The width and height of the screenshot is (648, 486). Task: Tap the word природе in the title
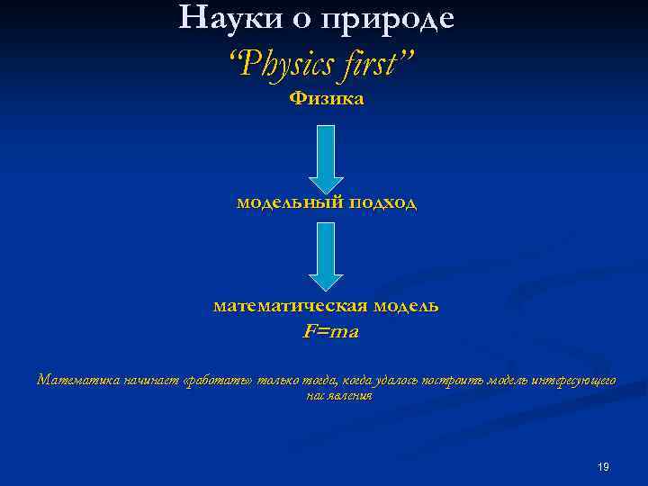pyautogui.click(x=392, y=19)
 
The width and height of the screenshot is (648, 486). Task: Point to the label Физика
pyautogui.click(x=326, y=98)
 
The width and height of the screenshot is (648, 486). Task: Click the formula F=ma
pyautogui.click(x=330, y=331)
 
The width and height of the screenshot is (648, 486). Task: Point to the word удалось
pyautogui.click(x=369, y=380)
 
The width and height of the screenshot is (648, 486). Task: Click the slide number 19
pyautogui.click(x=603, y=466)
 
